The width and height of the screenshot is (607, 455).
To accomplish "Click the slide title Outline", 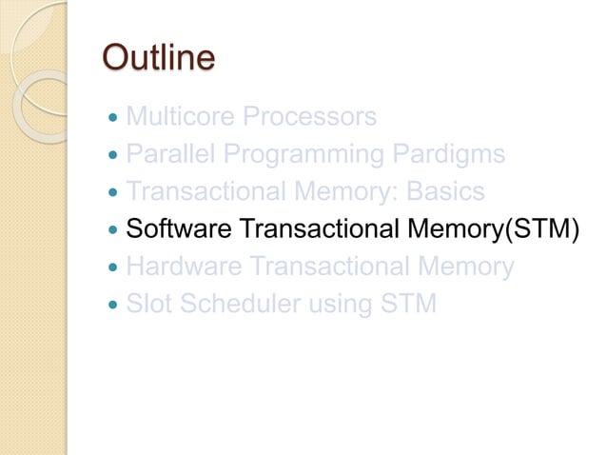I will (158, 58).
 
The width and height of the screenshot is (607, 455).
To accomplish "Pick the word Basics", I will (445, 192).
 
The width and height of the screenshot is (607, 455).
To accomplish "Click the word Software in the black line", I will (178, 229).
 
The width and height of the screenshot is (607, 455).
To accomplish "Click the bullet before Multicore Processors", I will (115, 119).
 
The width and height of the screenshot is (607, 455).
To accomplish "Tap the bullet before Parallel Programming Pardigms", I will (115, 156).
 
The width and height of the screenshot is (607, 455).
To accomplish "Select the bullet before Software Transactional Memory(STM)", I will (115, 231).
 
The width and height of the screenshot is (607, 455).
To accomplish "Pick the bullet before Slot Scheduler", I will (115, 307).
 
